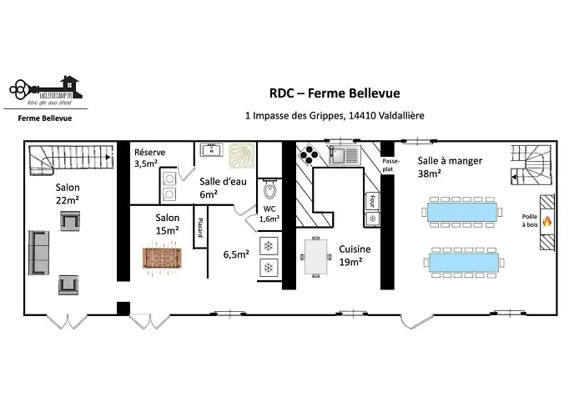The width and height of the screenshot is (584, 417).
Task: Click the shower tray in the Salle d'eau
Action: (239, 155)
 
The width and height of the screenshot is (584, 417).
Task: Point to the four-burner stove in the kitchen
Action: (309, 155)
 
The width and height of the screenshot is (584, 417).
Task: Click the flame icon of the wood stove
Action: (547, 222)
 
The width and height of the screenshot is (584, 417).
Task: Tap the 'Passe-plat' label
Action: (390, 163)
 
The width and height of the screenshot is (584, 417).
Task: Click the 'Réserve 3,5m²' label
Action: (150, 158)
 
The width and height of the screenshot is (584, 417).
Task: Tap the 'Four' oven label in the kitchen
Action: (372, 200)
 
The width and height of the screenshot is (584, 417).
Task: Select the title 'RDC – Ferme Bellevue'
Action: (334, 93)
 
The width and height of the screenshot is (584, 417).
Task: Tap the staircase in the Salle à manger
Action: (529, 166)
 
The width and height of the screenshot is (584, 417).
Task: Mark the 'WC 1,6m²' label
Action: (269, 214)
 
